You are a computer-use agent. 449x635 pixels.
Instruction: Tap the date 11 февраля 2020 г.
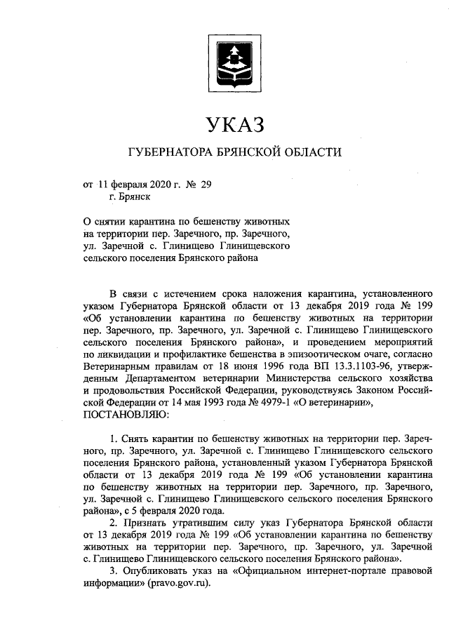[131, 185]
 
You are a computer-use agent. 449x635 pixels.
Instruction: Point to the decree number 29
[206, 185]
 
